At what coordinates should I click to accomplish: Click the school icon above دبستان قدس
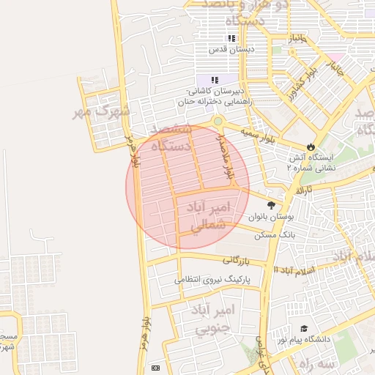(231, 38)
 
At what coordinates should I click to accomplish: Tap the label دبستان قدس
(231, 50)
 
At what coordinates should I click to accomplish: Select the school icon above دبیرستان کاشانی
(215, 80)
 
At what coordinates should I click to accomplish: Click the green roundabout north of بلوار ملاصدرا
(218, 122)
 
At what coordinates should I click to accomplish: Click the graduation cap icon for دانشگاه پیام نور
(304, 330)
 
